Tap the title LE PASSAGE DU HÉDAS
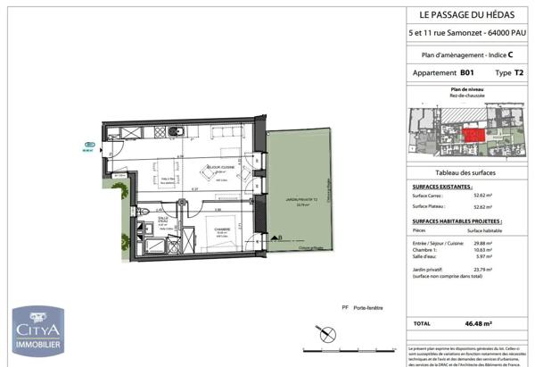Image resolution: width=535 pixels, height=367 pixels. coord(465,14)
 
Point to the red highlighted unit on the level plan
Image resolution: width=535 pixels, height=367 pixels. coord(473,134)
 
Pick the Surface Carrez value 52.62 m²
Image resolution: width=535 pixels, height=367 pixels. coord(484,194)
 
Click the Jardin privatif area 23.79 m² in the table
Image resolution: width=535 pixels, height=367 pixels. coord(484,269)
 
